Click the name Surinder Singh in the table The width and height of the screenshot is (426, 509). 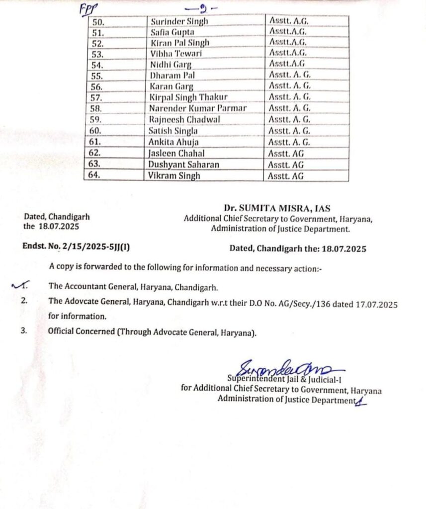tap(178, 21)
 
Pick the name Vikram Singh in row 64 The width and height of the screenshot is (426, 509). tap(174, 175)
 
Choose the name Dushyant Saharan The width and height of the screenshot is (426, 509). tap(184, 164)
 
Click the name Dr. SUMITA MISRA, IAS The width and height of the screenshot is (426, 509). tap(277, 208)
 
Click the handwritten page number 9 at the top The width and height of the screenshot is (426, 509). tap(195, 8)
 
